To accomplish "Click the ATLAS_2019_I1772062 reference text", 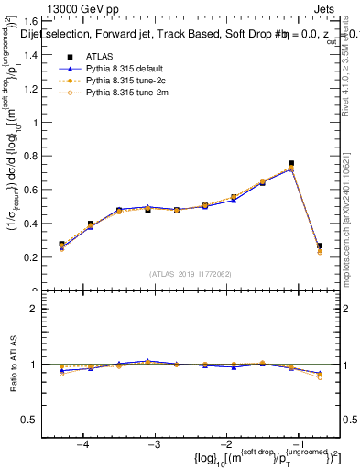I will [190, 274].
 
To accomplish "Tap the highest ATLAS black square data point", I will [291, 163].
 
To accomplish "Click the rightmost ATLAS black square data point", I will [320, 245].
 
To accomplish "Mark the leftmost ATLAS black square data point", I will [61, 245].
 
